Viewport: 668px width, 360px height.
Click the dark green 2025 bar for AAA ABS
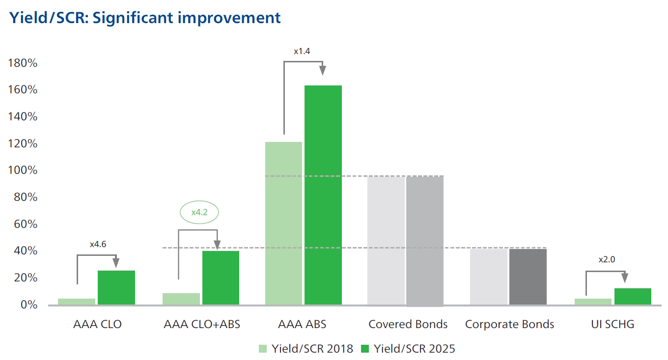(323, 195)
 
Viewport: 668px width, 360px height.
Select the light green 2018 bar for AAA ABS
(283, 223)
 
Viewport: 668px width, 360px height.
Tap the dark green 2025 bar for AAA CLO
(116, 287)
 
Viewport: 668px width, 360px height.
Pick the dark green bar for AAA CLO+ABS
(221, 277)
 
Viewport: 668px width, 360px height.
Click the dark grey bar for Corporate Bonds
(528, 277)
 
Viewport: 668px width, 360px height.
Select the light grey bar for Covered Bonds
(386, 240)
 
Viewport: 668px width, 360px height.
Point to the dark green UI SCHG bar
(633, 296)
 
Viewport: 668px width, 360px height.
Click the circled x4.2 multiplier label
(198, 213)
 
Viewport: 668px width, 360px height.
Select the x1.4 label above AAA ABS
(302, 51)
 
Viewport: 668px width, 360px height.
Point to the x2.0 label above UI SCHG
(607, 260)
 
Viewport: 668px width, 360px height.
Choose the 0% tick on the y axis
(28, 305)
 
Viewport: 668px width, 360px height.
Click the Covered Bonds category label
(408, 324)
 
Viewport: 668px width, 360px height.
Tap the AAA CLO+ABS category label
(202, 324)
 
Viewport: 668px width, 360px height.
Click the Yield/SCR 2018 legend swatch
(263, 349)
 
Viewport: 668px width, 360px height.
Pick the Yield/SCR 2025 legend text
(415, 349)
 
